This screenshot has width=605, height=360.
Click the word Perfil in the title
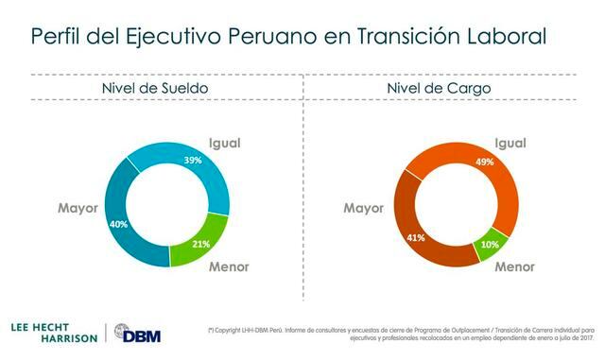(x=60, y=37)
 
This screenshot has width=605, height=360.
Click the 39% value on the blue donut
(x=194, y=162)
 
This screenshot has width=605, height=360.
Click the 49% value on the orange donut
(x=484, y=162)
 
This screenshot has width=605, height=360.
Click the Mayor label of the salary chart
(x=77, y=208)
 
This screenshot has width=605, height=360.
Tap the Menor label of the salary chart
(x=229, y=266)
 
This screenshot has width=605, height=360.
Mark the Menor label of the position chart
(x=516, y=266)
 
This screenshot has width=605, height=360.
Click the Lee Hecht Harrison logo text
(x=49, y=333)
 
